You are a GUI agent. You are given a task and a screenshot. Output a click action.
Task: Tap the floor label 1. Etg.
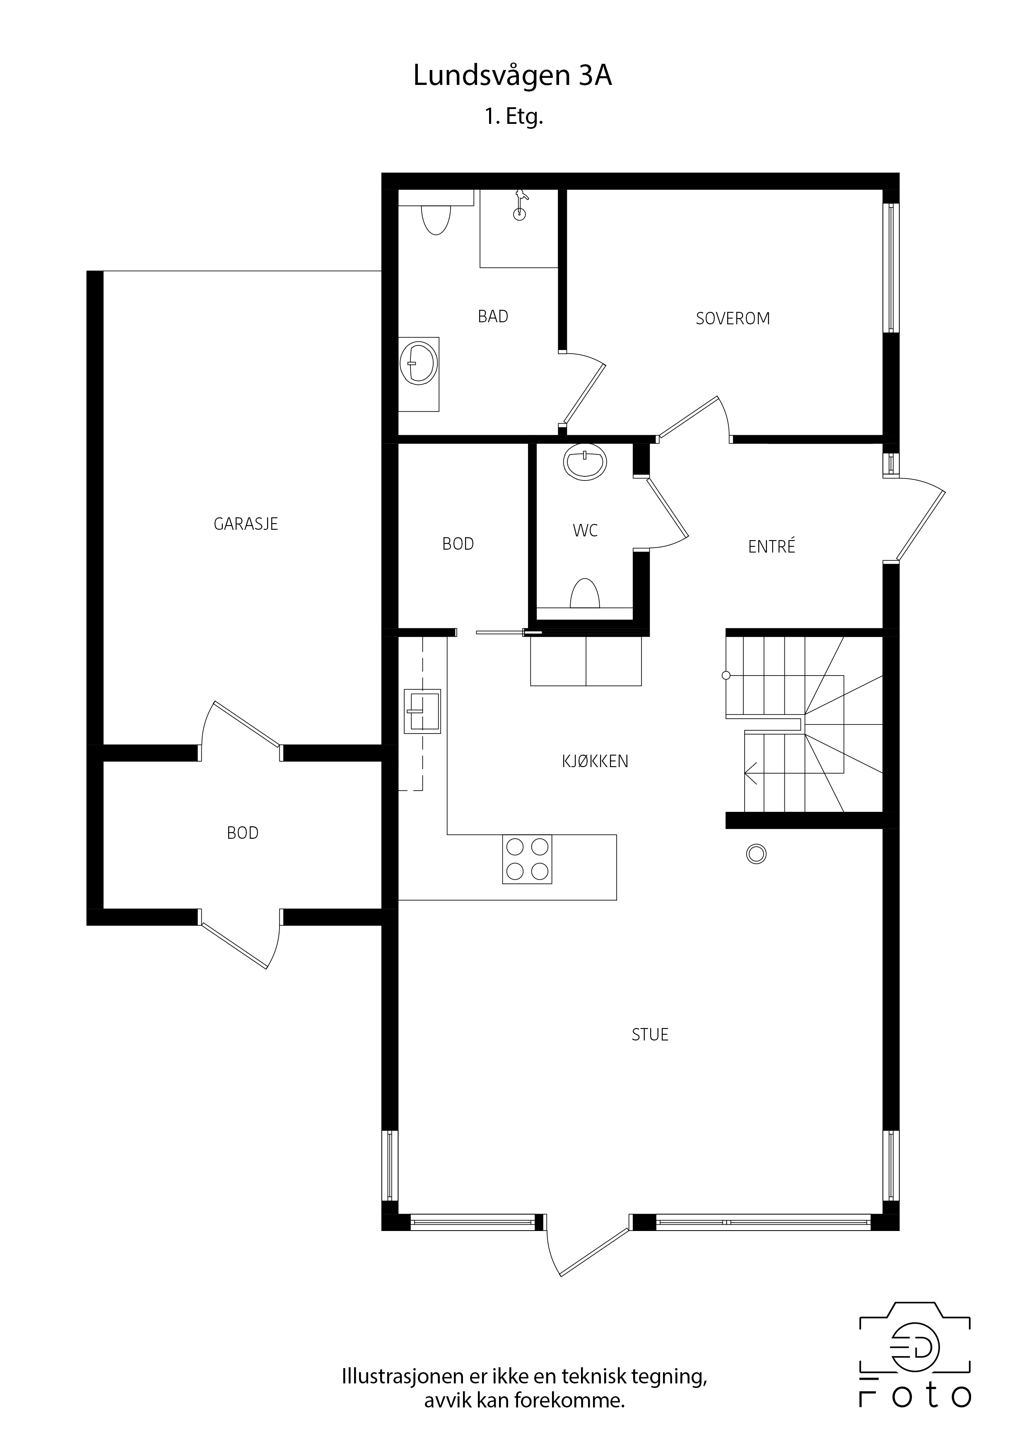click(x=514, y=118)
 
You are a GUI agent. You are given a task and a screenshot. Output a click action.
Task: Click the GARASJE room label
click(x=246, y=524)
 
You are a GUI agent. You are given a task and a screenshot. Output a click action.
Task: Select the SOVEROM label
click(x=733, y=319)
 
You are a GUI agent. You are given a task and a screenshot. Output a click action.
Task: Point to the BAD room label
click(x=493, y=316)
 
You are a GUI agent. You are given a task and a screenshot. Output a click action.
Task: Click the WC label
click(x=585, y=530)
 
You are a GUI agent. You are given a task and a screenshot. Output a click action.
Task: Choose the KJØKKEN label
click(x=595, y=761)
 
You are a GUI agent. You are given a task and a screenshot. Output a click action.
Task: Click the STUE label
click(x=650, y=1035)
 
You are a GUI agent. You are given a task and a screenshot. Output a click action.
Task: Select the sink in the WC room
click(x=585, y=461)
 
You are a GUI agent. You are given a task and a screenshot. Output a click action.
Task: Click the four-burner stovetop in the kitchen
click(x=527, y=859)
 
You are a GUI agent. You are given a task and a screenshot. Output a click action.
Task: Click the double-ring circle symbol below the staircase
click(x=756, y=854)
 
